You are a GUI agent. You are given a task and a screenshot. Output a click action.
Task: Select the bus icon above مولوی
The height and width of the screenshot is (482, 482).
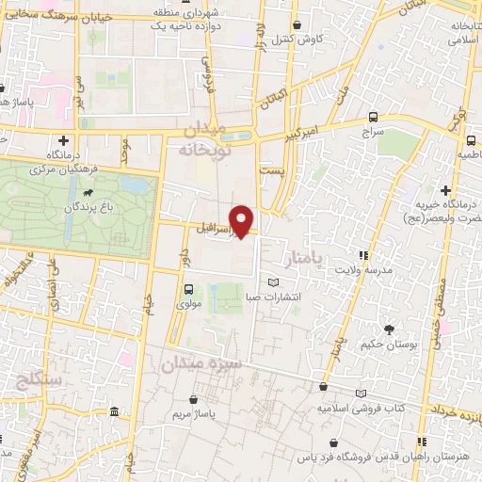coord(187,290)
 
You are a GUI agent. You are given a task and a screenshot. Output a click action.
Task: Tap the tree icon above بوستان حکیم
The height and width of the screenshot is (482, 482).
coord(389,329)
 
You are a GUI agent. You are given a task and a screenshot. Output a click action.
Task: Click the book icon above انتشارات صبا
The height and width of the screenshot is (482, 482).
coord(273,282)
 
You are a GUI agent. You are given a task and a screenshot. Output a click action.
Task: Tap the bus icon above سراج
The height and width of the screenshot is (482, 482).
coord(375,117)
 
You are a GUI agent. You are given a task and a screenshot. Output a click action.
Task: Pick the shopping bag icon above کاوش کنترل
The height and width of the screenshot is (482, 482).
coord(297,25)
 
